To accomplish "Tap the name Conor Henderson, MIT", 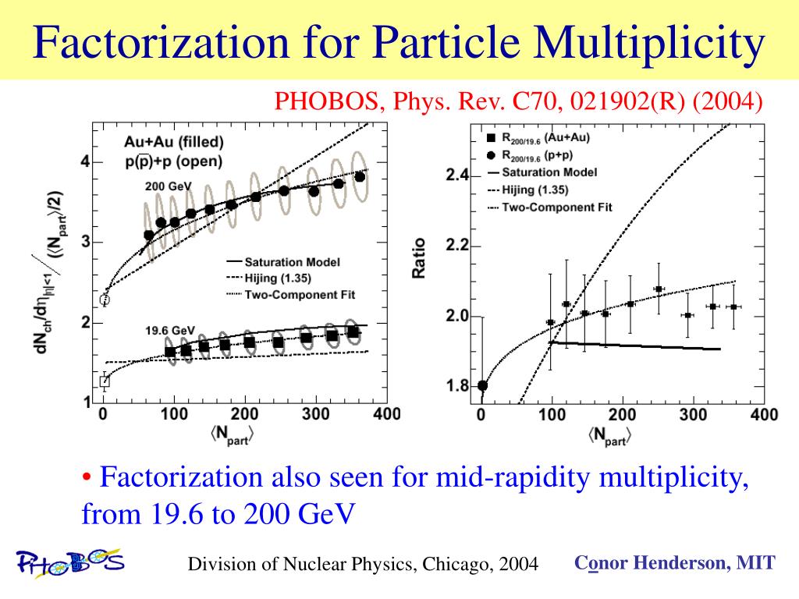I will [x=675, y=562].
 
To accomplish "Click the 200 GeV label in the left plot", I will [x=168, y=187].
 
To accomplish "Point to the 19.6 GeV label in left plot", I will [x=170, y=330].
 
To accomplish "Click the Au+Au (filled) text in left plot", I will [x=173, y=143].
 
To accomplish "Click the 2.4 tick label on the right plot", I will [x=457, y=176].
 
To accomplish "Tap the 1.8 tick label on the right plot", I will [x=457, y=386].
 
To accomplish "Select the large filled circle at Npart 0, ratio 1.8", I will [x=482, y=385].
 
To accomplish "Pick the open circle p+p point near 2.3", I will [x=105, y=299].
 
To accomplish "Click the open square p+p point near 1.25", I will [x=105, y=381].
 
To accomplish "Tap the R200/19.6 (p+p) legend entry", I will [x=545, y=154].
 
